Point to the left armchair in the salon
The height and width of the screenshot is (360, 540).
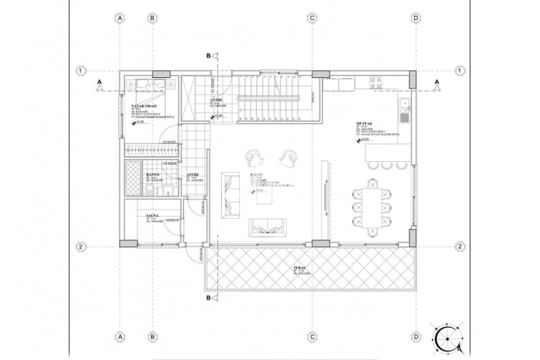(256, 156)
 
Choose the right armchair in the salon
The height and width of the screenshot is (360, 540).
(289, 156)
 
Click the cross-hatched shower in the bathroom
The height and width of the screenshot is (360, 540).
(132, 179)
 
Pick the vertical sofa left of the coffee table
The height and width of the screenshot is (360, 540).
(229, 194)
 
